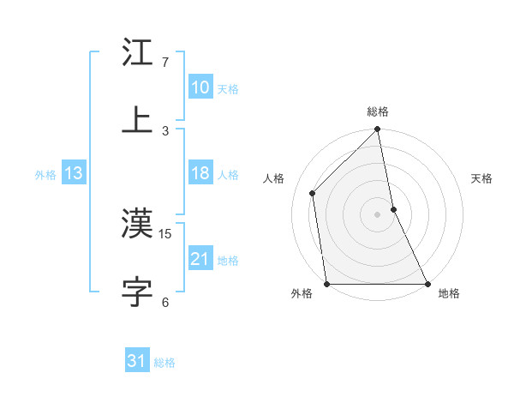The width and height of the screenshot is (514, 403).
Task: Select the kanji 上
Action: [138, 120]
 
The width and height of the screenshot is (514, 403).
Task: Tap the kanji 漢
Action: [138, 225]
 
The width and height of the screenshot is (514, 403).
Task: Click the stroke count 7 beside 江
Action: [165, 63]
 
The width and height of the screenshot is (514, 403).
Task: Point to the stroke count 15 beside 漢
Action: [166, 233]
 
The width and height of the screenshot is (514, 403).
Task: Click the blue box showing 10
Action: [200, 87]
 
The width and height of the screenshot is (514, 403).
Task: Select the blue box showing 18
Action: [200, 173]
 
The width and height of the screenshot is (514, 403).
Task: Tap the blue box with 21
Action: [200, 259]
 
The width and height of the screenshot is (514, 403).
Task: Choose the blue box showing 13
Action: [73, 173]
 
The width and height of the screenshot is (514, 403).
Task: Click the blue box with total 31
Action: [137, 362]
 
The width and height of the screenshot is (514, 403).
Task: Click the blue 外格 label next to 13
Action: [45, 175]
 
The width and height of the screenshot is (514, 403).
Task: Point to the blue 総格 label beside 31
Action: [164, 363]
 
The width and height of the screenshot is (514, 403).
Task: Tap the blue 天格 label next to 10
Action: [228, 89]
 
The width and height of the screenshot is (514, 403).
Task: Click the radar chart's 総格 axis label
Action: [378, 111]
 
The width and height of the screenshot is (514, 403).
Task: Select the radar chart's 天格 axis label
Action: [482, 178]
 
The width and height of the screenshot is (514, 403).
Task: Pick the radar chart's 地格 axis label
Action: [449, 294]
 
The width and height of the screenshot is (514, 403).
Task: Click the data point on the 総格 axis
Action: [378, 129]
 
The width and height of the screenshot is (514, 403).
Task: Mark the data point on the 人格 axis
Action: [313, 193]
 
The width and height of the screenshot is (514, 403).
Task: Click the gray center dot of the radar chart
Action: [378, 214]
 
